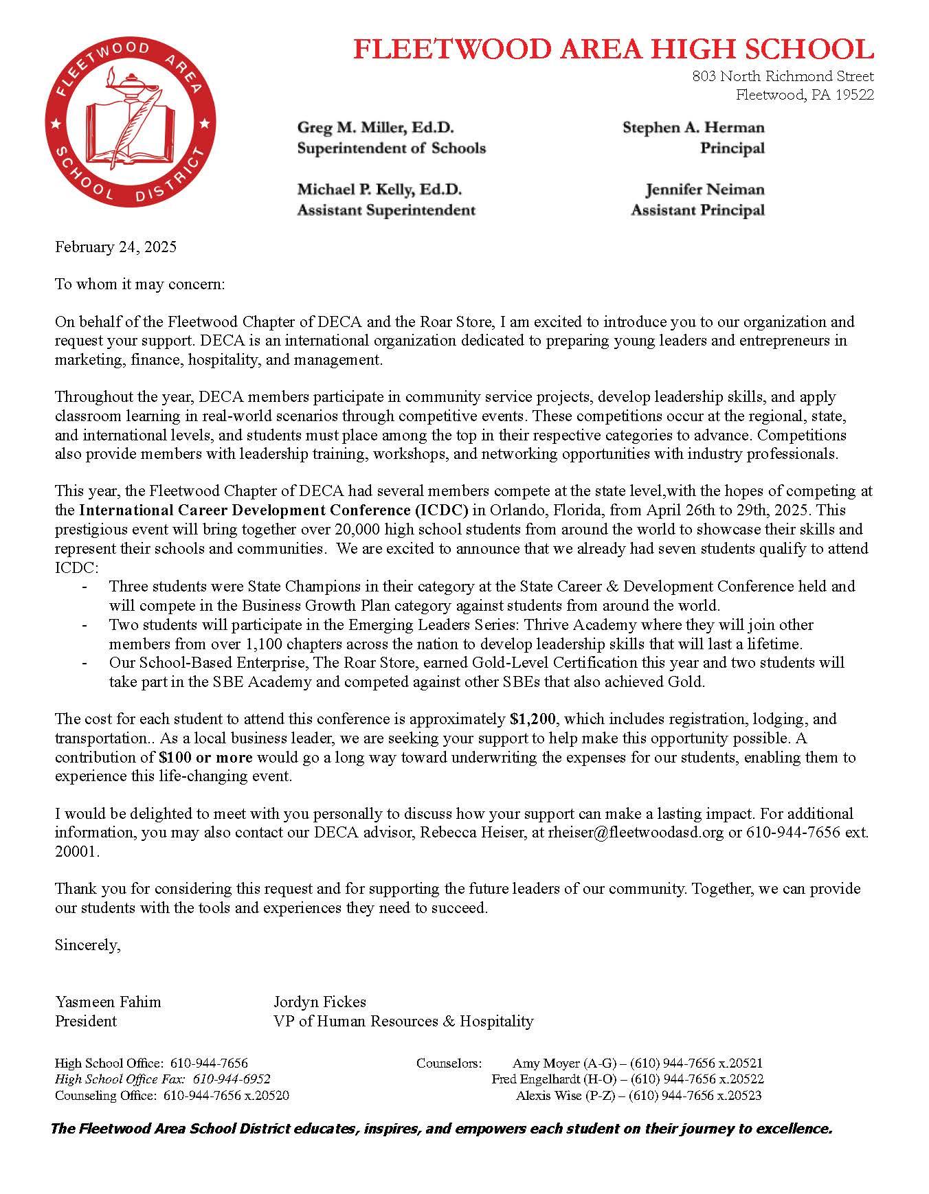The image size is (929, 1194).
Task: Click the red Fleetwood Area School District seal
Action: point(129,124)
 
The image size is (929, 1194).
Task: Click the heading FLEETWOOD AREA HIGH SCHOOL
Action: point(613,49)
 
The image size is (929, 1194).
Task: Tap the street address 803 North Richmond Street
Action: point(783,76)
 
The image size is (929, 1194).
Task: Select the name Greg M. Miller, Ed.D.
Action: point(375,128)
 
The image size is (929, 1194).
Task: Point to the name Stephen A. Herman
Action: point(693,128)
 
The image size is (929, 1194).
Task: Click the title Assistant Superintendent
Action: point(385,210)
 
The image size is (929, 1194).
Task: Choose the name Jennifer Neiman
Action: point(704,190)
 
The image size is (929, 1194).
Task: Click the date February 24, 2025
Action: point(115,247)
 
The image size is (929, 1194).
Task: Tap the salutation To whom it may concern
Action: point(139,284)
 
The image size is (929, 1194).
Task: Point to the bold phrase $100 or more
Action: point(205,758)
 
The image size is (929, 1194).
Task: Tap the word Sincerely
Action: point(87,945)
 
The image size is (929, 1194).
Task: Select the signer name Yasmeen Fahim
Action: point(108,1002)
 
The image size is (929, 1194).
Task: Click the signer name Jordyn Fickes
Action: point(320,1002)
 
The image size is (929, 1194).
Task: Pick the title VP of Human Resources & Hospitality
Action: point(403,1021)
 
